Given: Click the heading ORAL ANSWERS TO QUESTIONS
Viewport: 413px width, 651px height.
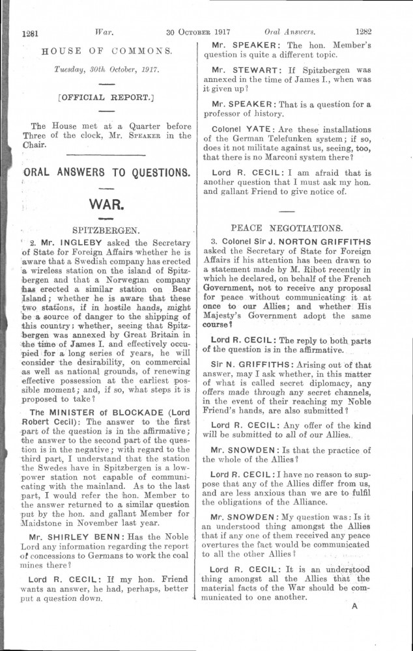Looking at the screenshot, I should point(106,173).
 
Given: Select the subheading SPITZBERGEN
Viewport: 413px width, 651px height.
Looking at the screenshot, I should point(107,229).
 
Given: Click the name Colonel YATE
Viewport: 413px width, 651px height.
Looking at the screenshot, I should point(236,128).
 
